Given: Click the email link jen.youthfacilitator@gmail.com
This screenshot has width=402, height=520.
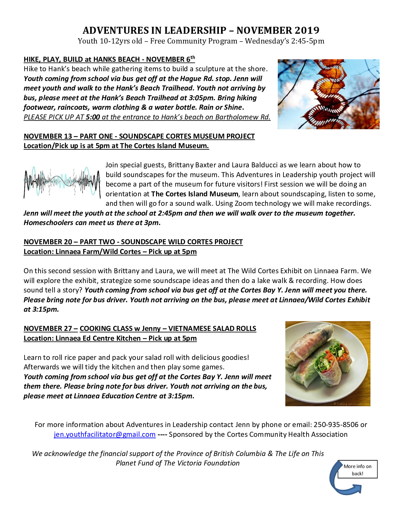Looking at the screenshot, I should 105,434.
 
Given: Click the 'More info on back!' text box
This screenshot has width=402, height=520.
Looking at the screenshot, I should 358,470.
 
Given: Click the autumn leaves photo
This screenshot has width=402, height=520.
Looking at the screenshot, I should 329,94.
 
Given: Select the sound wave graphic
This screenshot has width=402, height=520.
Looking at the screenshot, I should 62,182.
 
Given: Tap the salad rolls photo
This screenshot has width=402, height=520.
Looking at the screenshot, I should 328,363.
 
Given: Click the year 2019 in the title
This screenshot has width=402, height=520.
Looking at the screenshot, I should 307,30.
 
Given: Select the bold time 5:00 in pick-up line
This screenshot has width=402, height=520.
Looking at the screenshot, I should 93,117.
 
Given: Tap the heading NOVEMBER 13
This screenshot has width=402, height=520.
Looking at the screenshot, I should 48,136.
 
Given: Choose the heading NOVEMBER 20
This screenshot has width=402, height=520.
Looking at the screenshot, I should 48,242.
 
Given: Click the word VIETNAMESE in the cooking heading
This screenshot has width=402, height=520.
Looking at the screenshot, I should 189,328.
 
